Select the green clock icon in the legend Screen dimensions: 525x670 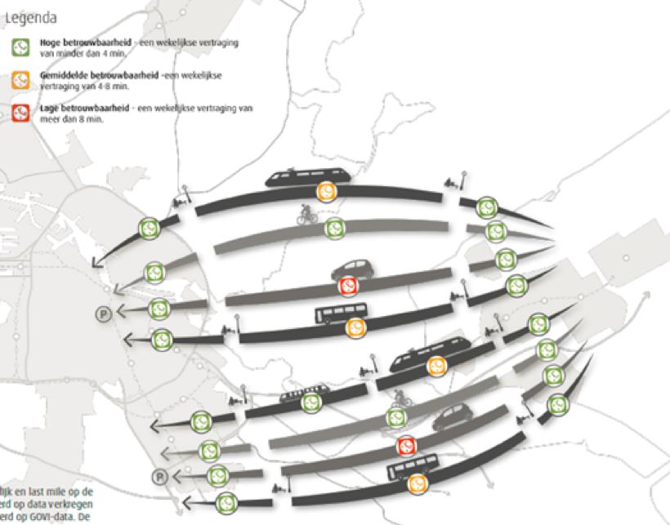20,47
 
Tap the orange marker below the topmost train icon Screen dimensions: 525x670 326,192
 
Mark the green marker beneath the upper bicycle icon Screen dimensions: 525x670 334,228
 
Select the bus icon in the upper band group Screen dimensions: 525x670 342,313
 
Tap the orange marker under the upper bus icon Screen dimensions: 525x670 355,327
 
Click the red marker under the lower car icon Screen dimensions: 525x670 406,445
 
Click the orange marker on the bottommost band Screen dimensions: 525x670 418,483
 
